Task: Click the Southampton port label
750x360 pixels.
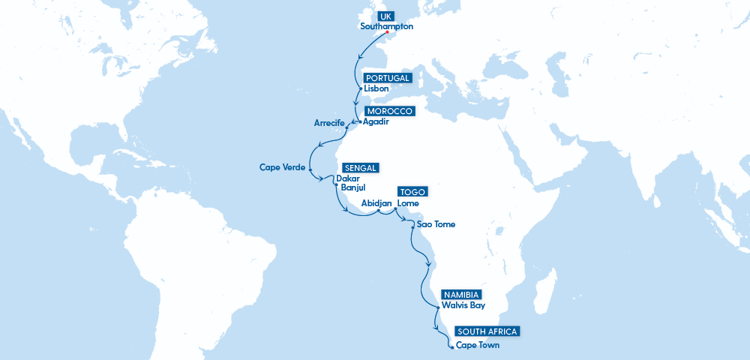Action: [386, 25]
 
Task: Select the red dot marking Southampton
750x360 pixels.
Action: [387, 32]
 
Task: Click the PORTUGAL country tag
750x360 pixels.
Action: [387, 78]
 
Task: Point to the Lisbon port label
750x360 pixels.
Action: [376, 88]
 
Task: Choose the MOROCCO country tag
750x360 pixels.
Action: [389, 111]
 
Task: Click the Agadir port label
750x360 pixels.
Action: [376, 121]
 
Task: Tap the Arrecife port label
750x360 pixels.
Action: [328, 123]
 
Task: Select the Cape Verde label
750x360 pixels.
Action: [282, 167]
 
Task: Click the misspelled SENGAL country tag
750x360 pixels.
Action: [361, 167]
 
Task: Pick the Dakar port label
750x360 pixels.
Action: [348, 178]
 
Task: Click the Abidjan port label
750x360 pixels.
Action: [376, 203]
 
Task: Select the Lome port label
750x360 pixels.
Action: [408, 203]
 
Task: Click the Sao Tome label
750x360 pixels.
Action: [436, 224]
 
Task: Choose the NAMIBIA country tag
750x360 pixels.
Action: [461, 295]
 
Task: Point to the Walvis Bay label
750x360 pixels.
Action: [463, 305]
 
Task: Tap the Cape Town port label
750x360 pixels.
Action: [478, 346]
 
